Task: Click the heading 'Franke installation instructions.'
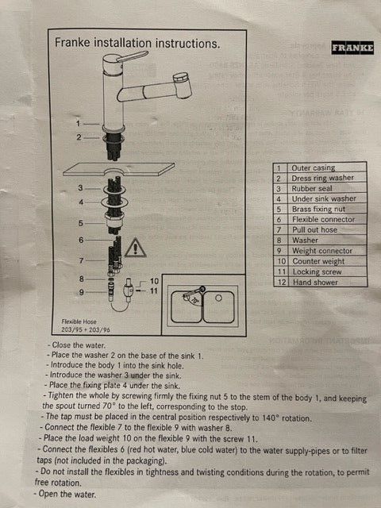click(x=137, y=44)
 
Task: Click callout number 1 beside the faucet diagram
click(x=79, y=124)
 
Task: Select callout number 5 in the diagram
click(x=81, y=223)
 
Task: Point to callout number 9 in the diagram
click(x=81, y=293)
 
